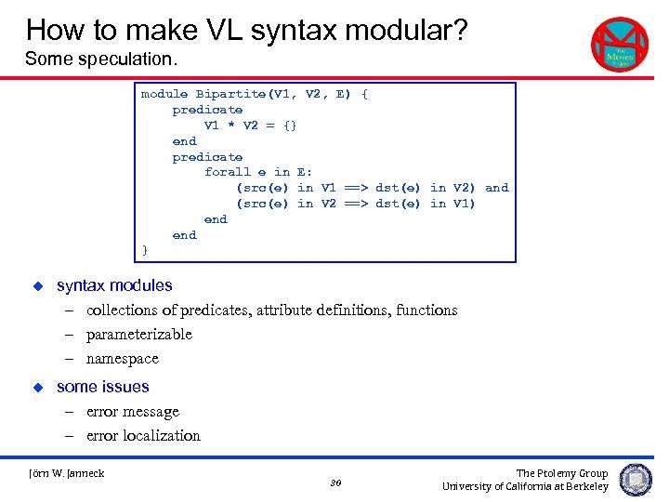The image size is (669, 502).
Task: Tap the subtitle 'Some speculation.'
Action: click(x=100, y=59)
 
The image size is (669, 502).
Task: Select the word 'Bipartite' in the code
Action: click(x=230, y=94)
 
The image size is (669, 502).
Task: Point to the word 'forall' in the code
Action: click(x=228, y=172)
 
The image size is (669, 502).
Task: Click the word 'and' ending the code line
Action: click(x=497, y=188)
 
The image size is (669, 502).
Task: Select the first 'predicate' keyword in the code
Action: click(x=207, y=110)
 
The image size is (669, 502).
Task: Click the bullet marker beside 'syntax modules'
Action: click(x=38, y=285)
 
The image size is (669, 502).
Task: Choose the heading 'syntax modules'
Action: click(x=114, y=285)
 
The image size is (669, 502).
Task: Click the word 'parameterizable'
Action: click(x=139, y=334)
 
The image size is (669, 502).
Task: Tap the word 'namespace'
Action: click(x=123, y=358)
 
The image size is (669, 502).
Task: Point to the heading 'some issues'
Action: click(x=102, y=386)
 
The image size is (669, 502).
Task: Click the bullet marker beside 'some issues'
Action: click(x=38, y=386)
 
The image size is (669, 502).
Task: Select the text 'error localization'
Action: click(x=143, y=435)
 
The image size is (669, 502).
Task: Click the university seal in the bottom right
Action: click(x=636, y=480)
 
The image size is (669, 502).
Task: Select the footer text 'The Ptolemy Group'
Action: click(x=562, y=473)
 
